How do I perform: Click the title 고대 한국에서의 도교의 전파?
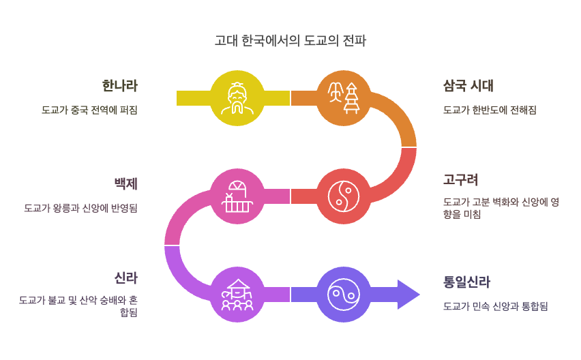[290, 41]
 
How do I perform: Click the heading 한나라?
[119, 86]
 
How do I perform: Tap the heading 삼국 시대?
[468, 86]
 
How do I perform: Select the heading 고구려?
[460, 180]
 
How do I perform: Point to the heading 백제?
[125, 183]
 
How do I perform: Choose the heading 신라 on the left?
[125, 278]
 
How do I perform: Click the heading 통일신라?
[466, 282]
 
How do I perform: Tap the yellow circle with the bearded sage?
[237, 98]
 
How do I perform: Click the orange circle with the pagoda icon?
[344, 98]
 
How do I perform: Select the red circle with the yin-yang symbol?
[344, 196]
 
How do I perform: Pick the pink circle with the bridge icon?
[237, 196]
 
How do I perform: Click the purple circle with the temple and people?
[237, 295]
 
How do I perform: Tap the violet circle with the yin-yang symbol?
[344, 295]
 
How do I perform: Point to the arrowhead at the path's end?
[408, 295]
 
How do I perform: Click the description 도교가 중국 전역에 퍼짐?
[89, 110]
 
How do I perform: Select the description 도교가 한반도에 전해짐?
[489, 110]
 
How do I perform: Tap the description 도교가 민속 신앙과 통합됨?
[495, 306]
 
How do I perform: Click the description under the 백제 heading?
[80, 208]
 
